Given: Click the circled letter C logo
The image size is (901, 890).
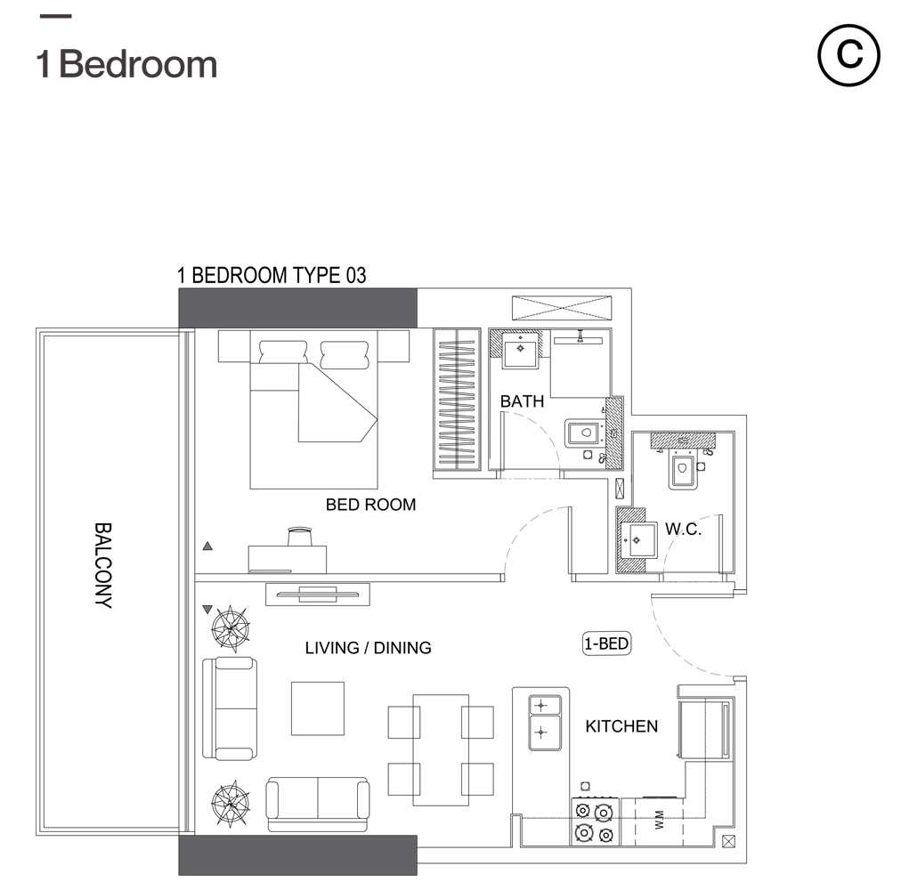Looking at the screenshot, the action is coord(848,55).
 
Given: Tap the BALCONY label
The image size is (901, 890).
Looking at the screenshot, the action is coord(103,565).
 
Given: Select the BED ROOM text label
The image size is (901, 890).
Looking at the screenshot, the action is coord(370,505).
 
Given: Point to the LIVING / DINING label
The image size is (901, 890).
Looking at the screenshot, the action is coord(369,648).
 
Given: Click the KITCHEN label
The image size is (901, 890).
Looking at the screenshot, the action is coord(621,726).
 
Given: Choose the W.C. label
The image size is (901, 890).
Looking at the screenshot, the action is coord(683,529).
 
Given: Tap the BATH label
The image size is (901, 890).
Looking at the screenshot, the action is coord(522,401).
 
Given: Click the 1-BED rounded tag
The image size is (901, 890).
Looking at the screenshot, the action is coord(607,643).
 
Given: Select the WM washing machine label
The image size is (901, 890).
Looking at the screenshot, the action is coord(659,820).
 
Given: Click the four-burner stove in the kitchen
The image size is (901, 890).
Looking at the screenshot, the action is coord(595,821).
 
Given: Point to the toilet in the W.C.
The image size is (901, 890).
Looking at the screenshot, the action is coord(683,468).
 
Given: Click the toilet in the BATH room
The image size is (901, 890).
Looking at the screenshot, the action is coord(585,433).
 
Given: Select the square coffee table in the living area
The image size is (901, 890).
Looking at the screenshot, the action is coord(318,708).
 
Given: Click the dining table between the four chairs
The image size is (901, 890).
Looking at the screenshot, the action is coord(441,749).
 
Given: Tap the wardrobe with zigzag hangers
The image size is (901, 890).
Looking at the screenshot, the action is coord(457,400).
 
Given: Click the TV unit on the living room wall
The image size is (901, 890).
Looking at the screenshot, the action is coord(317,595).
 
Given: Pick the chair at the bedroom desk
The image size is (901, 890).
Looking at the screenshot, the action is coord(299,536).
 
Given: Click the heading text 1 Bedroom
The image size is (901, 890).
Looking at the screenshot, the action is coord(127,64).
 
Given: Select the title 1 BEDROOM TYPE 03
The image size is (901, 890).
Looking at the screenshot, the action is coord(272,275).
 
